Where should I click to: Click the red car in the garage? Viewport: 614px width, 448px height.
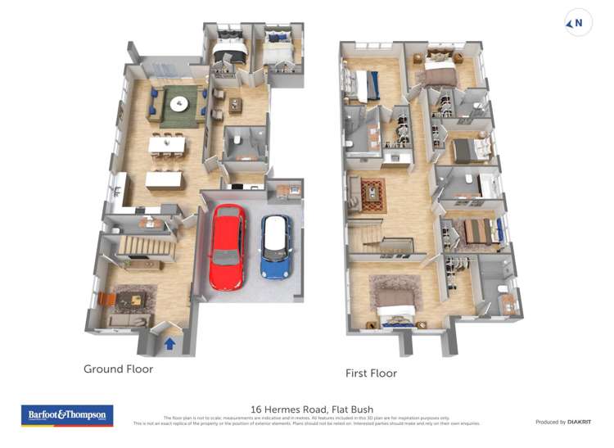click(227, 247)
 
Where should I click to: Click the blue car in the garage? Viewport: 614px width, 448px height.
click(276, 245)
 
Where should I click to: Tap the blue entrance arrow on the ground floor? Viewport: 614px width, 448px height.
click(169, 343)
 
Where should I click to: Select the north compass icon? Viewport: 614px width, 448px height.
click(578, 24)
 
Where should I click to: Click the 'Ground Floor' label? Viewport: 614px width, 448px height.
click(118, 369)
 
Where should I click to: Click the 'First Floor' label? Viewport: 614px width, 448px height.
click(371, 373)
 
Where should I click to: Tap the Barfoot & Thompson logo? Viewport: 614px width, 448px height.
click(66, 415)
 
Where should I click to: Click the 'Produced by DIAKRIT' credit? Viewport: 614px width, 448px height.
click(564, 422)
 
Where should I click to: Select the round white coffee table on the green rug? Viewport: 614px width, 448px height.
click(178, 104)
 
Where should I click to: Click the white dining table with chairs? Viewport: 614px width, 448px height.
click(166, 145)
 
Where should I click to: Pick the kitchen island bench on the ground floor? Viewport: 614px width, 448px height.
click(164, 179)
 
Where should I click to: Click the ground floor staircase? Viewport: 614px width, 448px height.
click(147, 243)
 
